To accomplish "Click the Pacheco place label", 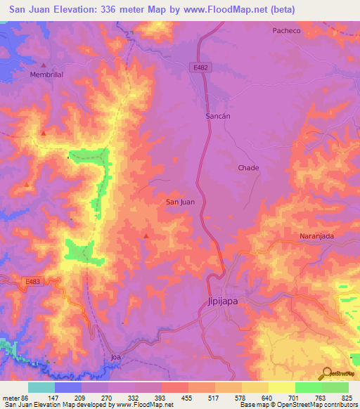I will pos(287,30).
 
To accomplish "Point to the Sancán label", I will pos(218,115).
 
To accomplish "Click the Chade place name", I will pos(248,168).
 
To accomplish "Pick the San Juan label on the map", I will pos(180,202).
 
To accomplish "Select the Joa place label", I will pos(117,357).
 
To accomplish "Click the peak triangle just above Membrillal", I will pos(43,65).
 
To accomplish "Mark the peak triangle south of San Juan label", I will pos(146,236).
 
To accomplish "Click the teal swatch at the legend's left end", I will pos(41,387).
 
